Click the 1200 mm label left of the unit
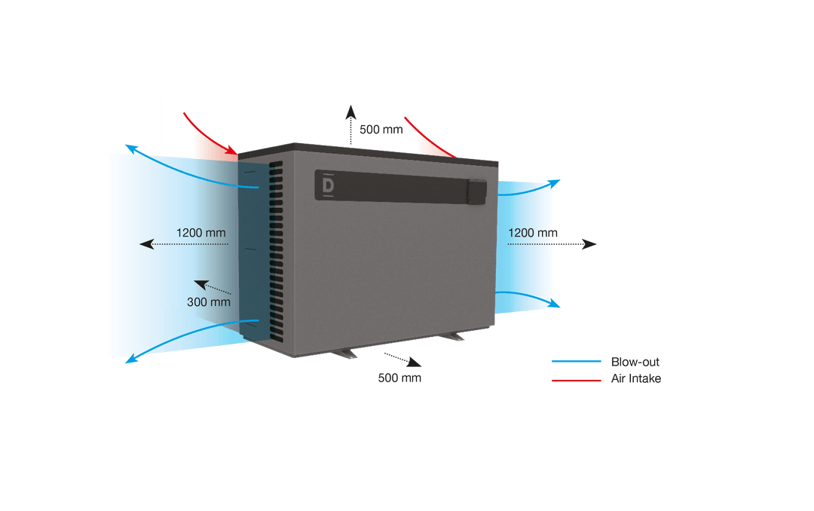pyautogui.click(x=200, y=232)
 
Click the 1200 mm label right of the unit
pyautogui.click(x=533, y=232)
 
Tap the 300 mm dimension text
pyautogui.click(x=209, y=301)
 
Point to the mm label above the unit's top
pyautogui.click(x=381, y=130)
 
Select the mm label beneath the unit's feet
pyautogui.click(x=399, y=378)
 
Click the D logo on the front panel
pyautogui.click(x=328, y=185)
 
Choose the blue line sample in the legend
pyautogui.click(x=577, y=362)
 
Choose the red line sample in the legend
pyautogui.click(x=577, y=380)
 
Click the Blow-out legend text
pyautogui.click(x=635, y=362)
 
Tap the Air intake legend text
pyautogui.click(x=635, y=379)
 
